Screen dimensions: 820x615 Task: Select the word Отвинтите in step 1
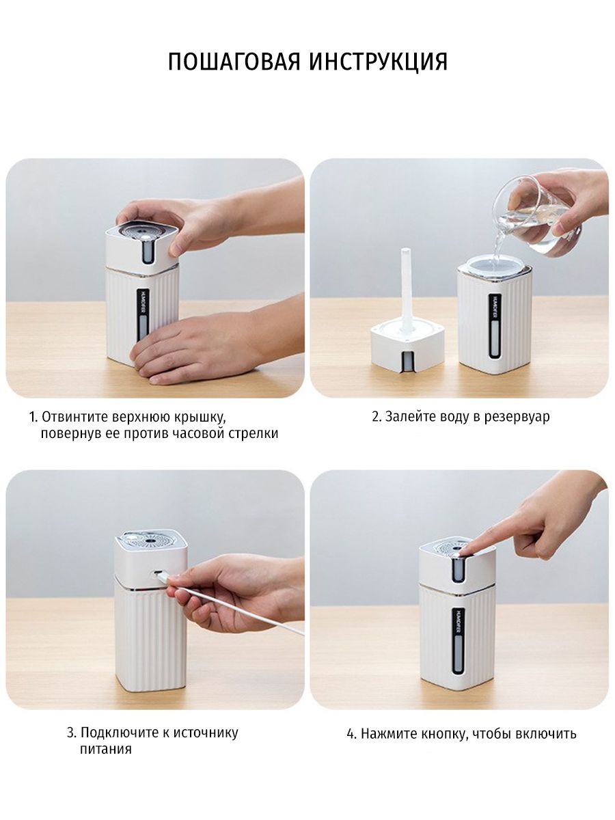coord(74,417)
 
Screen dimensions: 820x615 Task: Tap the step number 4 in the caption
coord(351,735)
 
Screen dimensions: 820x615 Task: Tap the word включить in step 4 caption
coord(546,735)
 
